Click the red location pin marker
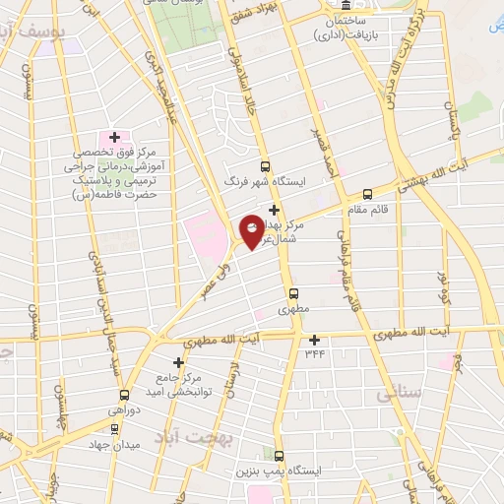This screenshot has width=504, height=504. [253, 231]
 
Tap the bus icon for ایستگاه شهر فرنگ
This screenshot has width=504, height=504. [264, 166]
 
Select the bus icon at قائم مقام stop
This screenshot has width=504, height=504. [368, 194]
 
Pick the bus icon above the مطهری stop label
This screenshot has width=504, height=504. [292, 293]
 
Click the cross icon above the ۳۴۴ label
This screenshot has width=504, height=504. [314, 340]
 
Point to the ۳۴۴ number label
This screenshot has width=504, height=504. [314, 352]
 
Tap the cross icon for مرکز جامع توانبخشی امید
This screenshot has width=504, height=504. [178, 361]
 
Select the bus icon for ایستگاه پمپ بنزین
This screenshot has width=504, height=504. [279, 456]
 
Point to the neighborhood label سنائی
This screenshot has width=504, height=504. [400, 394]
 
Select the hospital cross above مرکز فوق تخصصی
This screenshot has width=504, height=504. [114, 137]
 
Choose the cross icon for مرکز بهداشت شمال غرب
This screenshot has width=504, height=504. [274, 210]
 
